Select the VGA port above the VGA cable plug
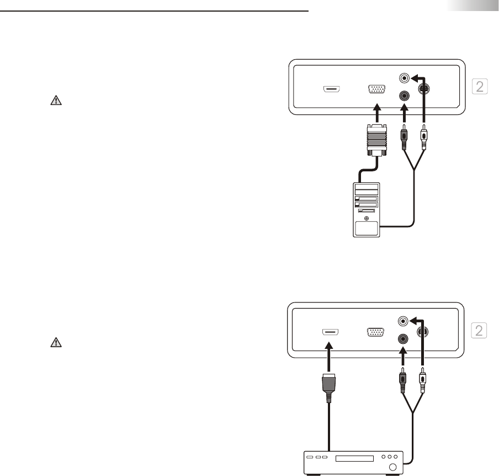[x=376, y=90]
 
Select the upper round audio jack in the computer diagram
[x=405, y=78]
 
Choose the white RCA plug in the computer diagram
[x=423, y=139]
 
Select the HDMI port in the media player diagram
[x=330, y=332]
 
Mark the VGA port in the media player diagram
[x=376, y=333]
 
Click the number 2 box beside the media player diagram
[x=480, y=331]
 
